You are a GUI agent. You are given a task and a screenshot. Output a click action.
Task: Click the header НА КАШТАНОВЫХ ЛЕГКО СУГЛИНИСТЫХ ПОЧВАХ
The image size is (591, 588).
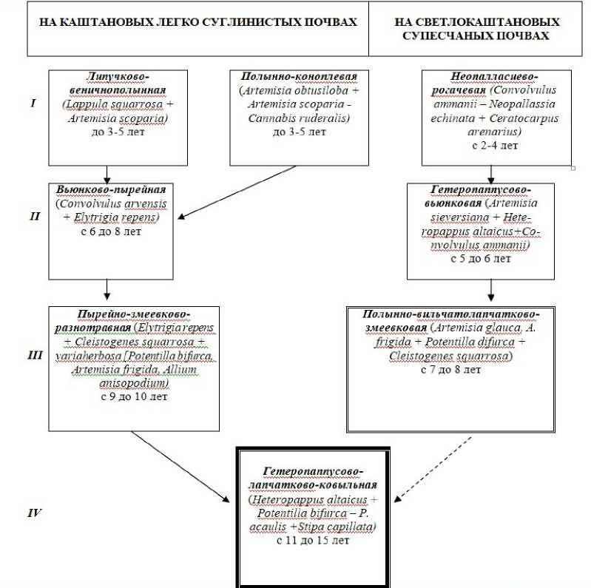tap(197, 22)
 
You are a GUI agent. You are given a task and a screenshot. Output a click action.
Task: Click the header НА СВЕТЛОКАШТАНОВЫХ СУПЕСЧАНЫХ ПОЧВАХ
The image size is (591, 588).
tap(478, 29)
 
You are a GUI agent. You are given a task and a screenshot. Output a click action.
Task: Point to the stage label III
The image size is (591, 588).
tap(35, 356)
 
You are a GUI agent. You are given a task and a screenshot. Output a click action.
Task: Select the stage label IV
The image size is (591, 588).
tap(34, 510)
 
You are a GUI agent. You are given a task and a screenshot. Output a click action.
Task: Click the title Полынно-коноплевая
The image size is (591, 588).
tap(294, 77)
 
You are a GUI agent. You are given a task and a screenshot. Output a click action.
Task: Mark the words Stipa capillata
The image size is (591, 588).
tap(344, 526)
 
